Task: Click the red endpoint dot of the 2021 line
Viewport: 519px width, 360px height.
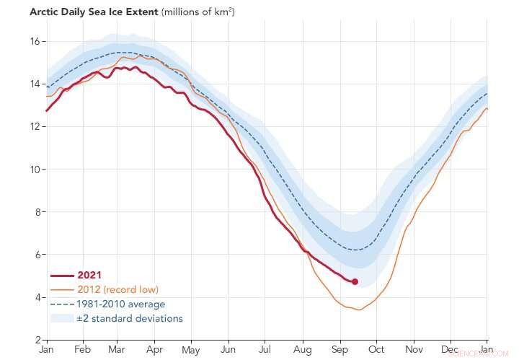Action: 355,281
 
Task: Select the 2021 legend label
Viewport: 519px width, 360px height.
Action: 89,275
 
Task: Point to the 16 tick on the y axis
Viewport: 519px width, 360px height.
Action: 35,41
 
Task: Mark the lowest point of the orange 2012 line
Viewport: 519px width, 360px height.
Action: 358,309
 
